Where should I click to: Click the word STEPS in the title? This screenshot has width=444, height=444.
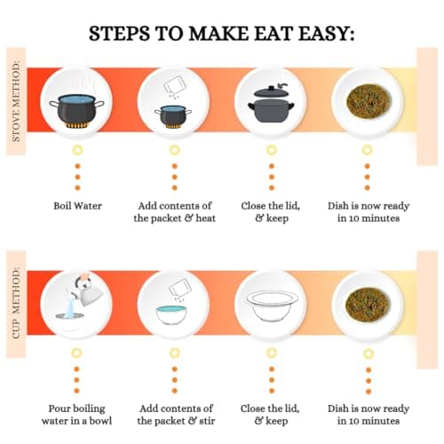pyautogui.click(x=119, y=33)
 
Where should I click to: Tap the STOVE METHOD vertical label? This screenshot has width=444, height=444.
pyautogui.click(x=16, y=101)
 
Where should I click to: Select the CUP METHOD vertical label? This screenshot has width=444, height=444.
pyautogui.click(x=16, y=304)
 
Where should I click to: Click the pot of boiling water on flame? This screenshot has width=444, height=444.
pyautogui.click(x=76, y=110)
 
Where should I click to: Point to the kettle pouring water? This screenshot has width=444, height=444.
pyautogui.click(x=88, y=290)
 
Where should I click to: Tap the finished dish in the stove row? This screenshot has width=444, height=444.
pyautogui.click(x=369, y=101)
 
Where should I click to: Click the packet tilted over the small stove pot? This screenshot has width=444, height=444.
pyautogui.click(x=174, y=83)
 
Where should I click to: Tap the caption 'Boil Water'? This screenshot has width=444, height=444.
pyautogui.click(x=77, y=206)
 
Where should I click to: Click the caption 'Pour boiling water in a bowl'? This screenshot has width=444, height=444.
pyautogui.click(x=76, y=415)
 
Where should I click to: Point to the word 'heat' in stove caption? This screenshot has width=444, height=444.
pyautogui.click(x=206, y=218)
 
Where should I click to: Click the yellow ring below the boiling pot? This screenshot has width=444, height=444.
pyautogui.click(x=77, y=150)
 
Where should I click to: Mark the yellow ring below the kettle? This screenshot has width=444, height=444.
pyautogui.click(x=76, y=353)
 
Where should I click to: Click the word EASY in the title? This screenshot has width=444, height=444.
pyautogui.click(x=326, y=33)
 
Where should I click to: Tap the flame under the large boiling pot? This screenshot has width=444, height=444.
pyautogui.click(x=76, y=125)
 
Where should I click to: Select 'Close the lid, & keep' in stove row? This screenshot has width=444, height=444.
pyautogui.click(x=271, y=212)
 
